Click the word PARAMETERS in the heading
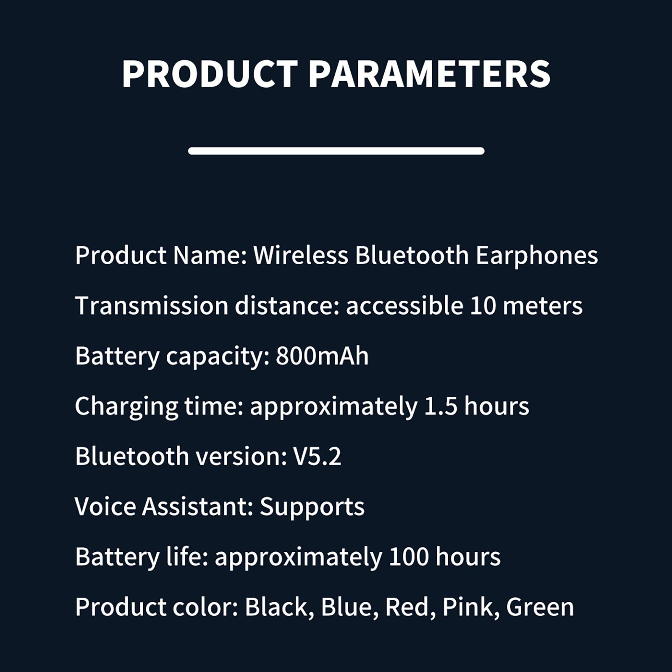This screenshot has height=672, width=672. coord(430,74)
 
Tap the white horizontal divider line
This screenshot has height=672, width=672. coord(336,151)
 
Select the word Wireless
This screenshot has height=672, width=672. coord(301,255)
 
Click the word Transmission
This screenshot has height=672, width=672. coord(152,305)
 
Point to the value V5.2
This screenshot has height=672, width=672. coord(317,457)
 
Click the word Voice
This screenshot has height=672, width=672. coord(105,507)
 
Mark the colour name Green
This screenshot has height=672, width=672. coord(540,607)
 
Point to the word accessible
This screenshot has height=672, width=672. coord(404,305)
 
